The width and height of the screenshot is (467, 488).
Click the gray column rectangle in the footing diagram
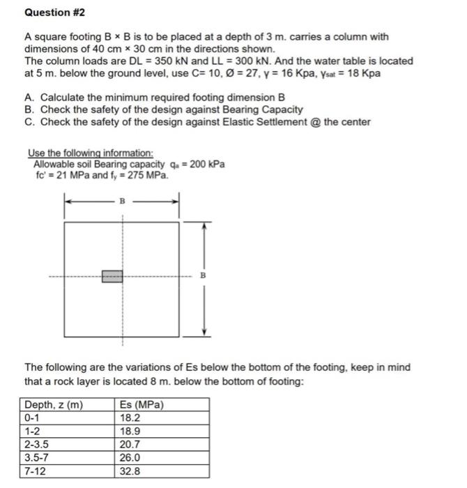(x=112, y=276)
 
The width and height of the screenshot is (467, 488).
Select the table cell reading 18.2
(x=131, y=418)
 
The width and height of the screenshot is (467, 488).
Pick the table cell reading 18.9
(x=131, y=432)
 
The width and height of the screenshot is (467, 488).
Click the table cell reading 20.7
(x=131, y=444)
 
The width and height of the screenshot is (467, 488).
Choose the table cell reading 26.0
(x=131, y=457)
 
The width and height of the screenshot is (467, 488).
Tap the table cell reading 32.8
(x=131, y=471)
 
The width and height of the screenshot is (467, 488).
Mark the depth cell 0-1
(x=33, y=418)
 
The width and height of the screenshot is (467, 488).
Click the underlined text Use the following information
(x=91, y=153)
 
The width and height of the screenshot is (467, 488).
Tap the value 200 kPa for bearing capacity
(x=207, y=165)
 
